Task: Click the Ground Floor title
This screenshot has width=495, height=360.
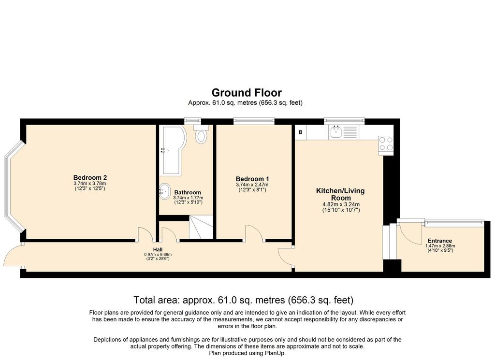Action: [247, 93]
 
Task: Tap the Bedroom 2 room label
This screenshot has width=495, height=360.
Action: [90, 178]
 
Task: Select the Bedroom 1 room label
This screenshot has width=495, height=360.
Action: [252, 179]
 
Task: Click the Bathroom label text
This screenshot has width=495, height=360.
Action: [188, 192]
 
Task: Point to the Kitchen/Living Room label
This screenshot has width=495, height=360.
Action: [341, 194]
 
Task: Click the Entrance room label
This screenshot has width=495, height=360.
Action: [440, 241]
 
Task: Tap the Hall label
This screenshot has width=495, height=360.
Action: [158, 249]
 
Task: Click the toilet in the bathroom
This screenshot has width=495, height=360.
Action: [201, 134]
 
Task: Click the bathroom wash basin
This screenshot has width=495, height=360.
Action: [164, 191]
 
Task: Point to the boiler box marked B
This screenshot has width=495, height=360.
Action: [301, 132]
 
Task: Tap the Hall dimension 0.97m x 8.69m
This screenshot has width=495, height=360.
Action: [158, 254]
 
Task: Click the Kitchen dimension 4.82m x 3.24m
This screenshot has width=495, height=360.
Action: [341, 204]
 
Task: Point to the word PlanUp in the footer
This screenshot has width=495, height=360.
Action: [276, 353]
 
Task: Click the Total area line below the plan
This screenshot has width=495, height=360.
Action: [244, 300]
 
